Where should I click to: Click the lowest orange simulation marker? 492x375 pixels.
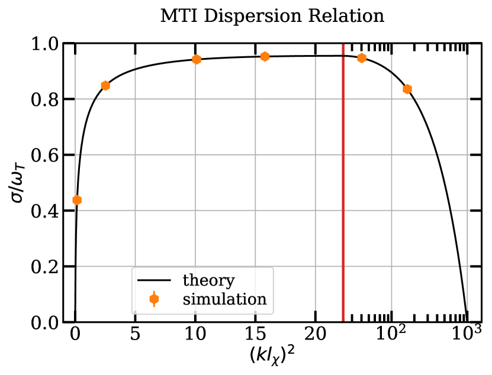pos(77,200)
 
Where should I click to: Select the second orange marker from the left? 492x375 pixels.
pos(105,86)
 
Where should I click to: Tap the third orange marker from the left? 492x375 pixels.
pos(197,60)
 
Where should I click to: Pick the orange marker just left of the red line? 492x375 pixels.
pos(265,57)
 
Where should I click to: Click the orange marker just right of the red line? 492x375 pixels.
pos(362,58)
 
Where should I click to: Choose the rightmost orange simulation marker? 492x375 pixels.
pos(407,89)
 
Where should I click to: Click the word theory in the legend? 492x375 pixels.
pos(208,280)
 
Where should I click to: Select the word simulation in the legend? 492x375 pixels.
pos(224,299)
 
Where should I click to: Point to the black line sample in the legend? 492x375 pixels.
pos(154,280)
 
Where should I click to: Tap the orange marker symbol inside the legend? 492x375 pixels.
pos(154,299)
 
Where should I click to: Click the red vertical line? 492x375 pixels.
pos(343,177)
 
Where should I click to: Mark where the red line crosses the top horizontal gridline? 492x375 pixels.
pos(343,99)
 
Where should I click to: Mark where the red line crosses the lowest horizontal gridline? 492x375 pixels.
pos(343,266)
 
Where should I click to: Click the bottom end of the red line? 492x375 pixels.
pos(343,320)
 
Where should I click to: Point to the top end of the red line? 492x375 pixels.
pos(343,45)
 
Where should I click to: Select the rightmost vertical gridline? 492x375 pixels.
pos(467,177)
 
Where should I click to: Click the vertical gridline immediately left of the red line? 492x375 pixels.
pos(316,177)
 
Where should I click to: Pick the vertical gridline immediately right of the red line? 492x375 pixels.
pos(391,177)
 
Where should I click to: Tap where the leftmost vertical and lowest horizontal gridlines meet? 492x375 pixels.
pos(75,266)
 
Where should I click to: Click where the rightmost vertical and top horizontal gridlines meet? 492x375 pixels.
pos(467,99)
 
